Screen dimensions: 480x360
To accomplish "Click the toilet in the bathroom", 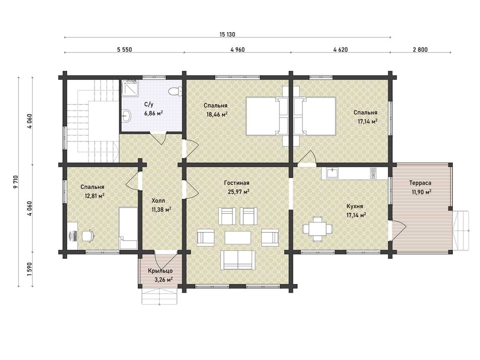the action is click(x=175, y=91).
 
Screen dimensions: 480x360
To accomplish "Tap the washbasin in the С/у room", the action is click(x=126, y=116).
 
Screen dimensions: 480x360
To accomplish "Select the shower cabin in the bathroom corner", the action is click(x=130, y=88).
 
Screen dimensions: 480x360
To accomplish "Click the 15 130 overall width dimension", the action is click(x=227, y=34).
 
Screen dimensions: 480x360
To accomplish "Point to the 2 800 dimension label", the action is click(x=420, y=50).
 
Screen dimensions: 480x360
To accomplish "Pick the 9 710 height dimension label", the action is click(x=15, y=182).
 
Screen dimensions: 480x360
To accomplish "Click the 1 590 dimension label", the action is click(x=30, y=269).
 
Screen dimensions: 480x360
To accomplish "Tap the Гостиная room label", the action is click(x=237, y=183).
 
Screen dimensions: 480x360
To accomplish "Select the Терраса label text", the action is click(x=420, y=183).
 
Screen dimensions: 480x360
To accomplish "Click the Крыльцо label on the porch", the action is click(x=160, y=271).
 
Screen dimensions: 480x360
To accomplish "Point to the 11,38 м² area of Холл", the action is click(x=161, y=210).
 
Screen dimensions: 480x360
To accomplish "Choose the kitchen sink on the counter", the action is click(x=332, y=173).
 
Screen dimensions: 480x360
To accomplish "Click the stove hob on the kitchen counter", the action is click(x=373, y=173).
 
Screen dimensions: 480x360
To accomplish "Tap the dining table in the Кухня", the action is click(x=318, y=229).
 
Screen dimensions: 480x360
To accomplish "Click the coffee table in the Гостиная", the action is click(x=238, y=238).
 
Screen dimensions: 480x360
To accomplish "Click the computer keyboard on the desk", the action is click(x=75, y=236).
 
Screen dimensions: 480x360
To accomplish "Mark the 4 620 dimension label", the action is click(x=340, y=50).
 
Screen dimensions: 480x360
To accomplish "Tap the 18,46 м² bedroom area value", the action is click(x=217, y=114).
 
